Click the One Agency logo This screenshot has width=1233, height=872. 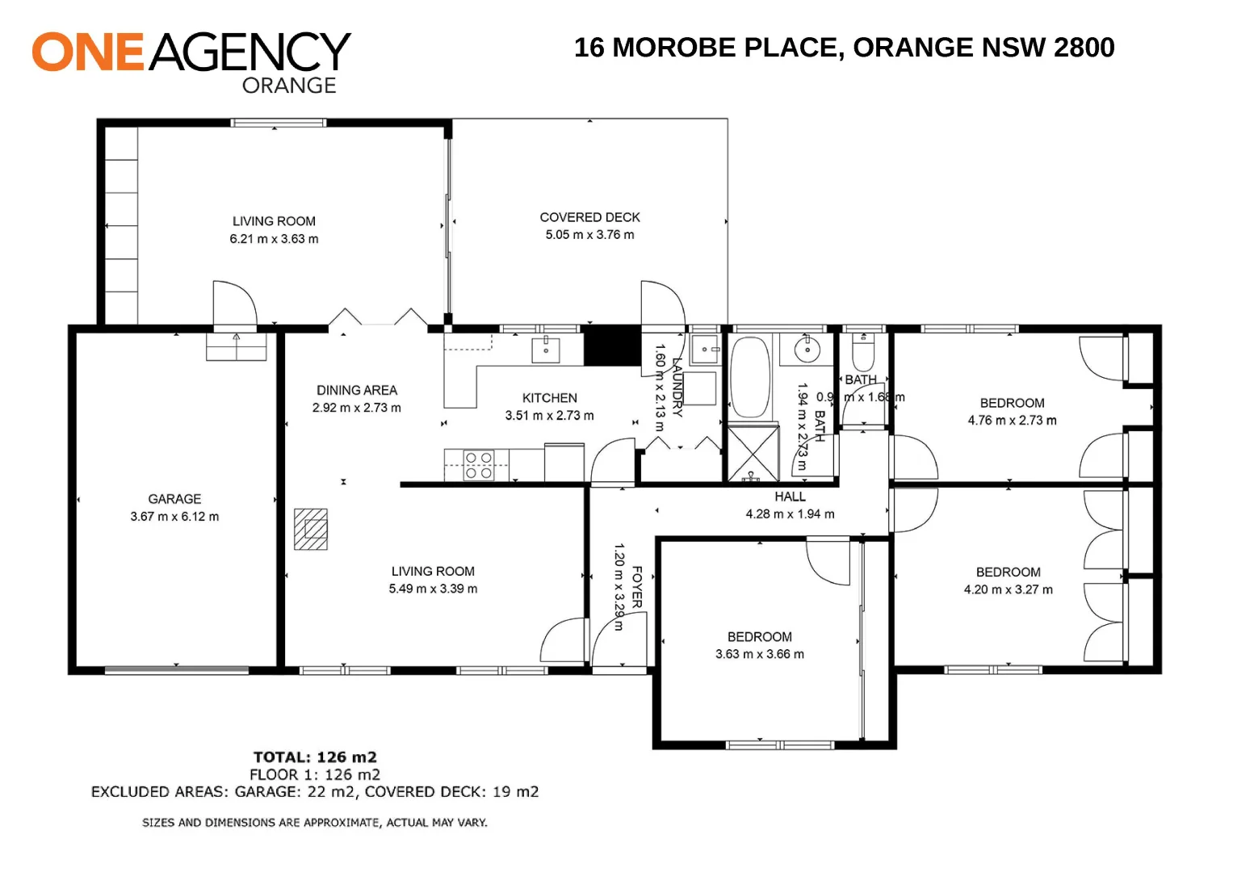pos(191,61)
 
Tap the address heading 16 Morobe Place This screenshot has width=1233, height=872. pos(844,48)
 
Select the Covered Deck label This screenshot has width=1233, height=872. pos(589,217)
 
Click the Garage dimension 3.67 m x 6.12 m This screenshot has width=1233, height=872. pos(174,517)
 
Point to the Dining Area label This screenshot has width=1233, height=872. pos(356,390)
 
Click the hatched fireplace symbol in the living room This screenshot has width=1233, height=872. pos(311,529)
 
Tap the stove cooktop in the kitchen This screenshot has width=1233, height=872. pos(479,466)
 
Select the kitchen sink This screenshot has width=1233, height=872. pos(546,350)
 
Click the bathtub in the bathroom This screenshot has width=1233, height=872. pos(749,377)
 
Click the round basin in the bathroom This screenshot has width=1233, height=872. pos(805,350)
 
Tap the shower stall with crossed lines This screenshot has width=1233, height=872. pos(753,453)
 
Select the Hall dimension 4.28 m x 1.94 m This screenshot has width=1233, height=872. pos(790,514)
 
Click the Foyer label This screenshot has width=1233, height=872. pos(637,587)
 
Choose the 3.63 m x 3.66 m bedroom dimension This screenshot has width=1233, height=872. pos(759,654)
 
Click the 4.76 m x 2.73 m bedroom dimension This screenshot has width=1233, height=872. pos(1012,421)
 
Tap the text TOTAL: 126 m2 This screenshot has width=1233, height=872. pos(315,757)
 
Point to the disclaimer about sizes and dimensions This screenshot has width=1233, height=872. pos(315,823)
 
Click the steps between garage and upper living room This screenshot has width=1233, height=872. pos(236,346)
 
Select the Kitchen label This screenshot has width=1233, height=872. pos(549,398)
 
